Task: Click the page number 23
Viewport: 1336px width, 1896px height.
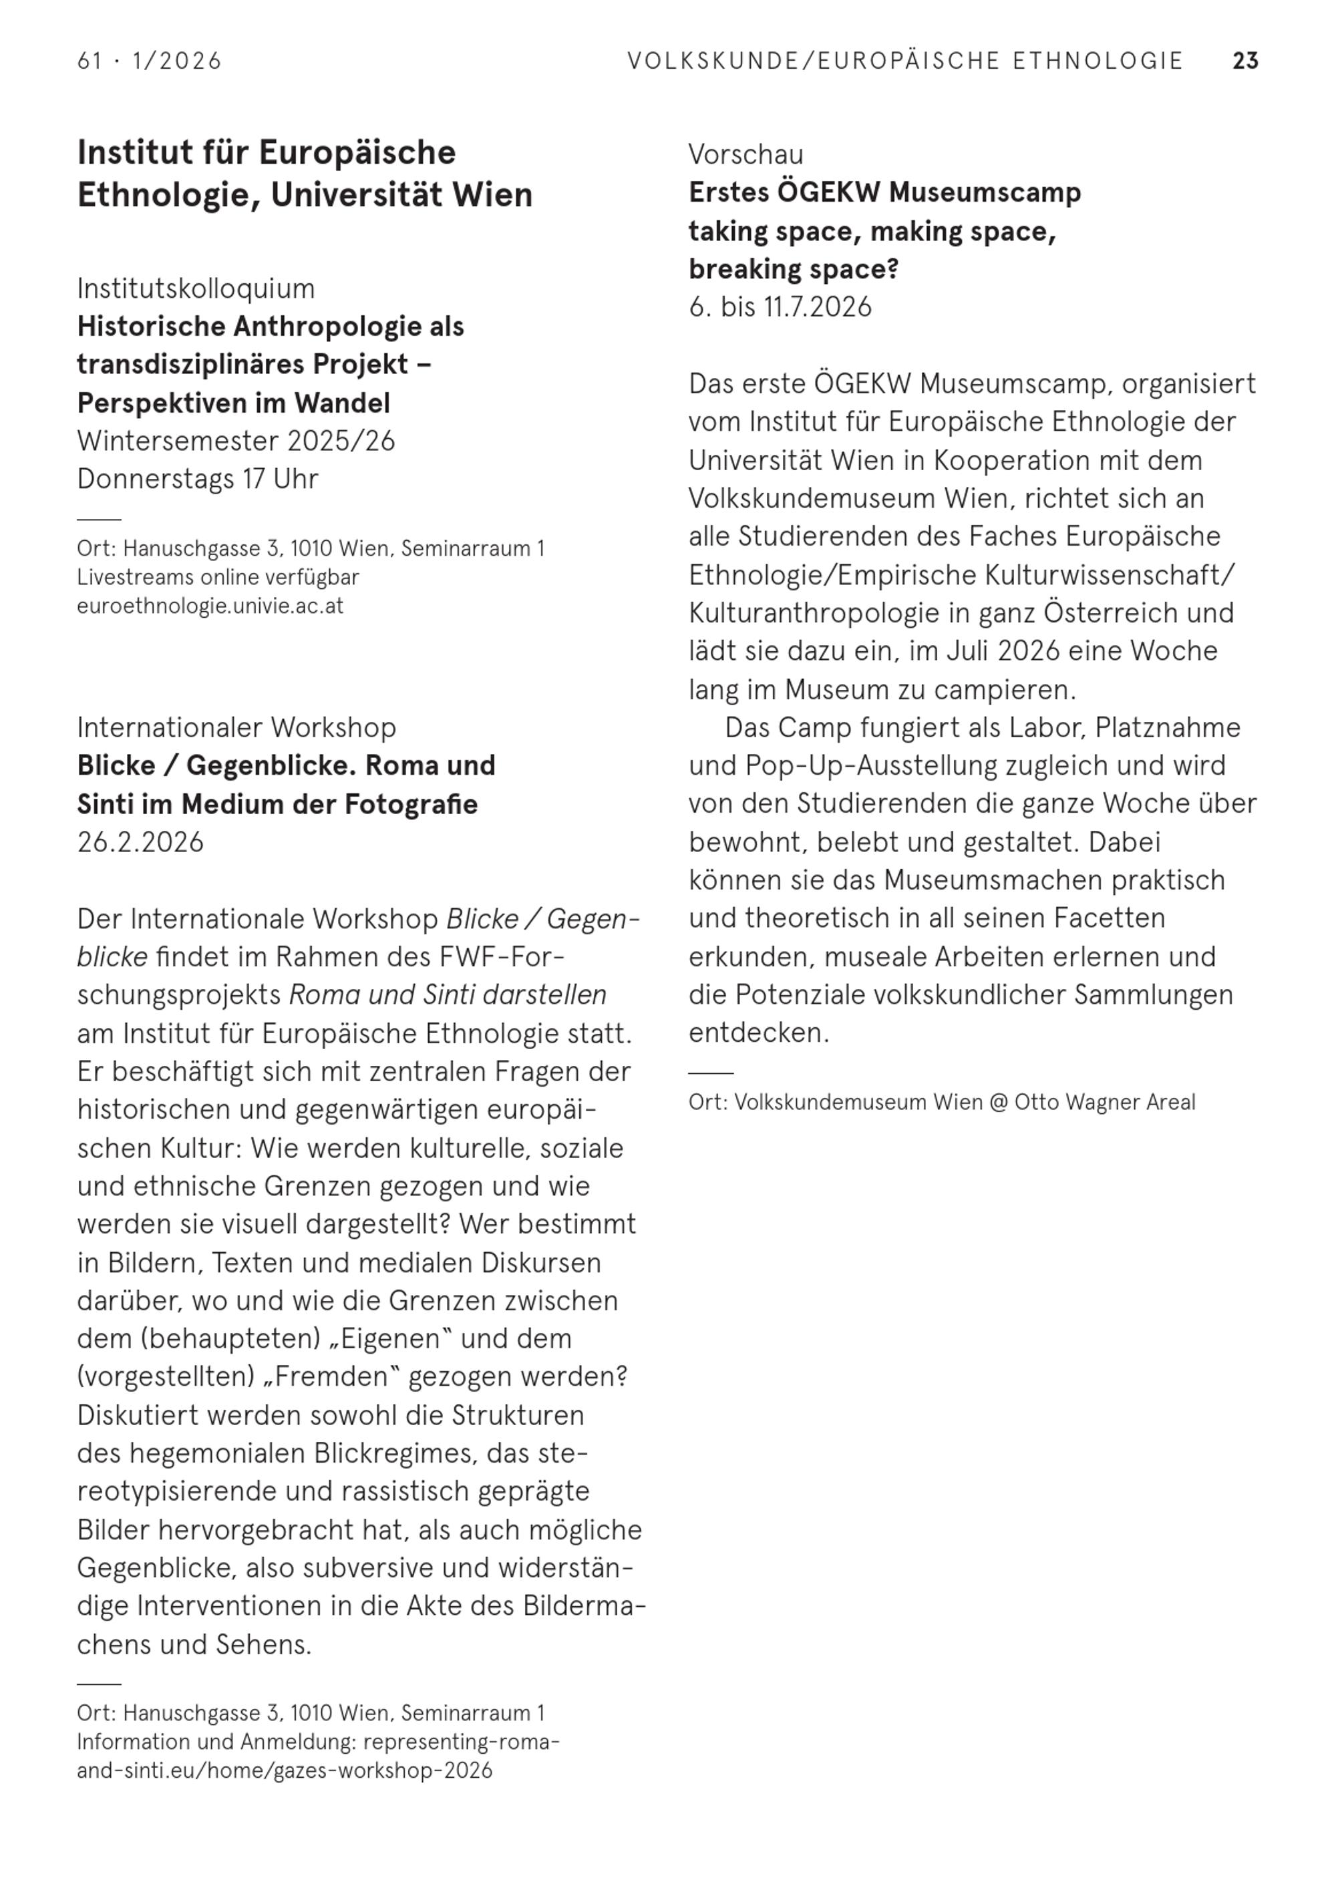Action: tap(1244, 61)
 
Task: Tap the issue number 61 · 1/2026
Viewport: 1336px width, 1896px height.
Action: tap(150, 61)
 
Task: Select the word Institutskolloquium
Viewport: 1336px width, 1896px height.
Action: tap(196, 289)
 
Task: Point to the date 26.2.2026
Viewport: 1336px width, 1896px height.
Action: tap(140, 842)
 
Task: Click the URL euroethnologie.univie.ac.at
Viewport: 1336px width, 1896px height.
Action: tap(210, 606)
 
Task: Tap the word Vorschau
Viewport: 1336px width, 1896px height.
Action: tap(745, 154)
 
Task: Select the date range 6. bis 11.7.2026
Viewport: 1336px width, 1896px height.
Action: tap(780, 307)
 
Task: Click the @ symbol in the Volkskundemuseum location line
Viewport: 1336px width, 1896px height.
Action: tap(998, 1103)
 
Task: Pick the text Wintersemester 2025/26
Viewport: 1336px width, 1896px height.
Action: tap(236, 441)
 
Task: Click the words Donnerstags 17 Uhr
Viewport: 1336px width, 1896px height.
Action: tap(198, 479)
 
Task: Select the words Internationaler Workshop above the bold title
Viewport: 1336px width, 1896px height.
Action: tap(236, 727)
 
